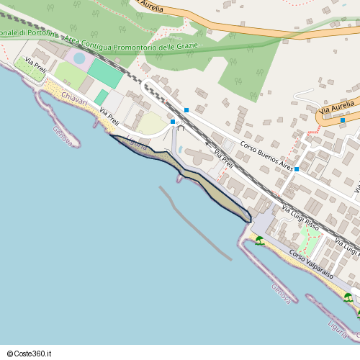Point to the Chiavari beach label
(74, 101)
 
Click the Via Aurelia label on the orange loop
(338, 109)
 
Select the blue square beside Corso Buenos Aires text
(297, 169)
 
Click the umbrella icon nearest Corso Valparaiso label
(259, 241)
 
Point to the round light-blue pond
(78, 58)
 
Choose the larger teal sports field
(105, 74)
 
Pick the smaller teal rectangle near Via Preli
(102, 96)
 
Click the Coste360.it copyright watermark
(30, 354)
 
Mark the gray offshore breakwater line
(194, 223)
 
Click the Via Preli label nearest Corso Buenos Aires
(223, 159)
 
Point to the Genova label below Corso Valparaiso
(281, 293)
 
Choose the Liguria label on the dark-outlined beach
(136, 143)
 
